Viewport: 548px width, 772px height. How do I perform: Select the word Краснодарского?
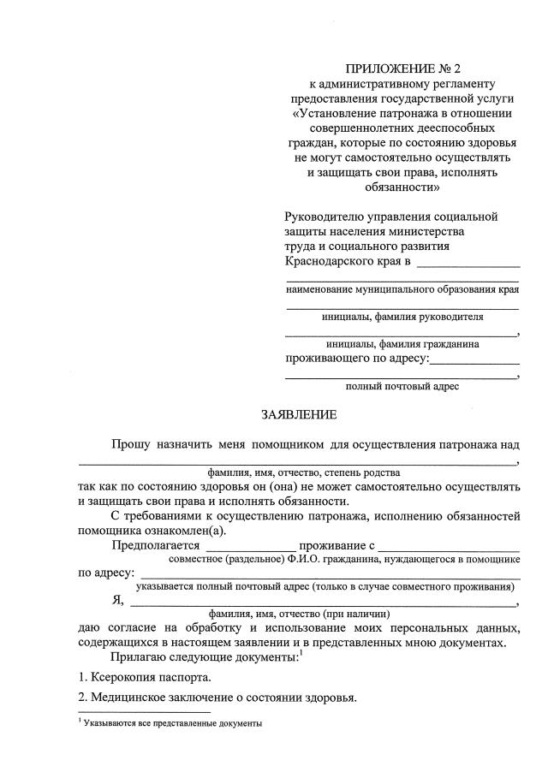click(x=328, y=261)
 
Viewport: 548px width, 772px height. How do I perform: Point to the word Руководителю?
click(x=323, y=217)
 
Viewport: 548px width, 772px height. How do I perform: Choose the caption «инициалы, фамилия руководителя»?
click(x=402, y=316)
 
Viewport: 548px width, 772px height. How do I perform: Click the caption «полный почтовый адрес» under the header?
click(x=402, y=386)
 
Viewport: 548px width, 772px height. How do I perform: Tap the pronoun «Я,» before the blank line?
click(x=118, y=600)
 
